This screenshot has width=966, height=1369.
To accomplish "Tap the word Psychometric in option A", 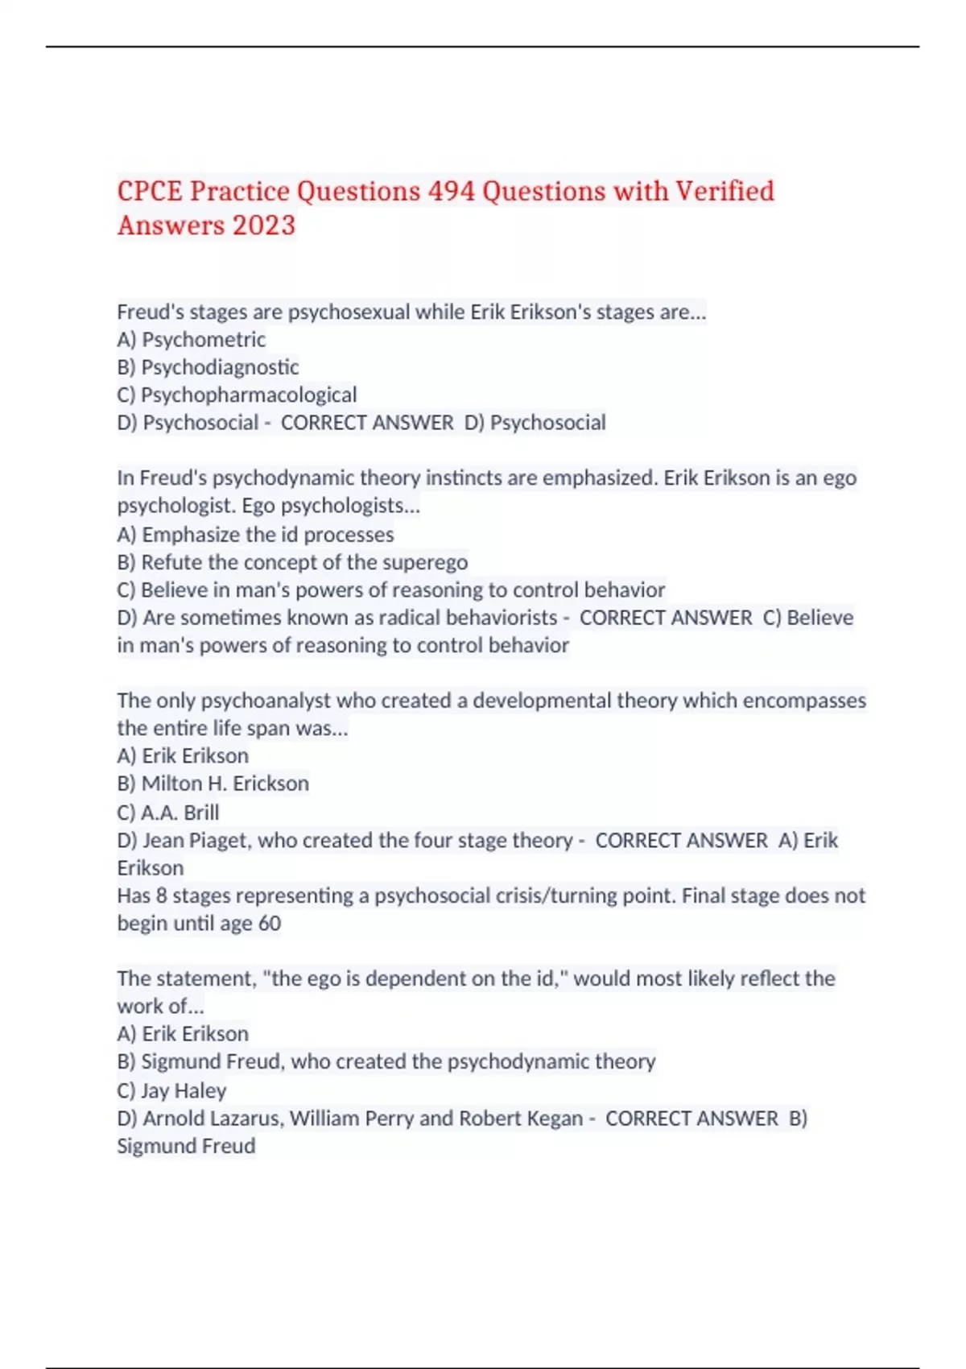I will coord(204,340).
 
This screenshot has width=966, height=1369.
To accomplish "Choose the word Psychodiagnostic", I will coord(220,367).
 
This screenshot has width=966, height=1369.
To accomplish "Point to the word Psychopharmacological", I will coord(249,395).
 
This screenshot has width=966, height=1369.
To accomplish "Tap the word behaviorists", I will coord(502,618).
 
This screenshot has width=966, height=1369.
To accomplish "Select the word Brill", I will coord(201,812).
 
